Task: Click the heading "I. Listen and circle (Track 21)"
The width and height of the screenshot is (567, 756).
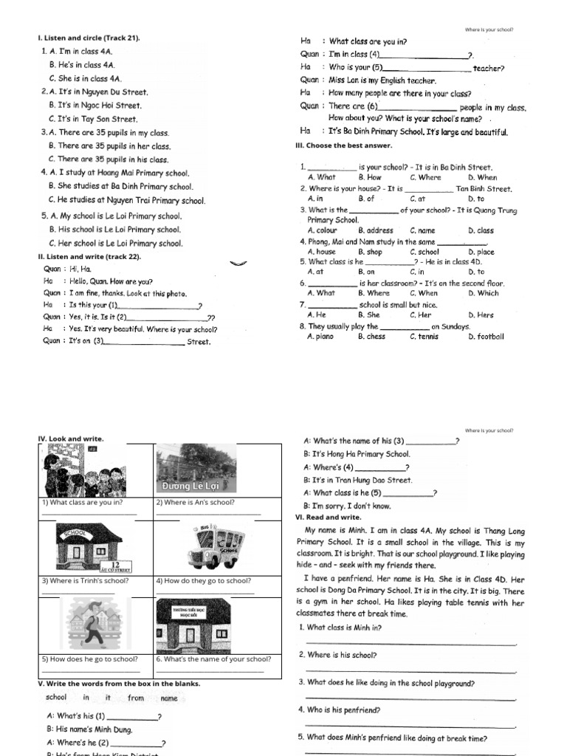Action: coord(89,38)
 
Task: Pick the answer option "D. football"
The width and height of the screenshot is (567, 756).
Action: coord(486,337)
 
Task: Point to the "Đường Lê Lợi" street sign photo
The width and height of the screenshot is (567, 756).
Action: coord(196,468)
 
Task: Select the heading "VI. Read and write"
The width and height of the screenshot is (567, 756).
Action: coord(319,518)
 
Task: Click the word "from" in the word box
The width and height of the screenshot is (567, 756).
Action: coord(136,698)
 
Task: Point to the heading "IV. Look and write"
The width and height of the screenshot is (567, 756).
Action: coord(71,439)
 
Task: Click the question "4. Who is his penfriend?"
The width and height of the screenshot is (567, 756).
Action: coord(340,710)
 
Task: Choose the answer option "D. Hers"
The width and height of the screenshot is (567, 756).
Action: coord(481,315)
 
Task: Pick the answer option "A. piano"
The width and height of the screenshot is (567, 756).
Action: coord(320,337)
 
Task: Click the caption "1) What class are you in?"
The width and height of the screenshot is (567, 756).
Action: coord(82,502)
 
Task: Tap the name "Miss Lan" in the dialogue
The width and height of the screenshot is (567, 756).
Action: coord(344,80)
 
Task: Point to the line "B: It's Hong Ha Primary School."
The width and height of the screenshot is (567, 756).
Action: coord(357,454)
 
